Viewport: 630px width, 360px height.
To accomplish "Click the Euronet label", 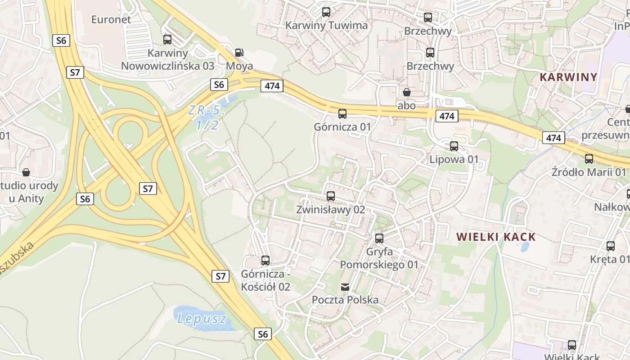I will pyautogui.click(x=111, y=19).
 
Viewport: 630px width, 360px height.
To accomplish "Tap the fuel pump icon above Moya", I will pyautogui.click(x=239, y=53).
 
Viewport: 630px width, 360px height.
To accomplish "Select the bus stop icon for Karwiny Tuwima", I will pyautogui.click(x=326, y=12).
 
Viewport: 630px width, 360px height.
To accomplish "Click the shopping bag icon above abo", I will pyautogui.click(x=407, y=92).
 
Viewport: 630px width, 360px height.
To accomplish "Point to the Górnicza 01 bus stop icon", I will pyautogui.click(x=342, y=114).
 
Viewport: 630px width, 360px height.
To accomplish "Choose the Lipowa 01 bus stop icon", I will pyautogui.click(x=454, y=146).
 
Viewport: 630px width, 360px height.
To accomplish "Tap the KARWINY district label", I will pyautogui.click(x=568, y=77).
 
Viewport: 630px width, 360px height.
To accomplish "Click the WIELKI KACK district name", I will pyautogui.click(x=496, y=237).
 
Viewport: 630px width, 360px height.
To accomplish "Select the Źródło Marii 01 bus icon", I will pyautogui.click(x=589, y=159).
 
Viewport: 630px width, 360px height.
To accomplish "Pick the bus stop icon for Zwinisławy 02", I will pyautogui.click(x=331, y=196).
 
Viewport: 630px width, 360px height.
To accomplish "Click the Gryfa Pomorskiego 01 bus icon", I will pyautogui.click(x=379, y=238).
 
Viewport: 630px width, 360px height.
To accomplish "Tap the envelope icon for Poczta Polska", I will pyautogui.click(x=345, y=287).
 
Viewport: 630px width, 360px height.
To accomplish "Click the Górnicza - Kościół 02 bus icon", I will pyautogui.click(x=265, y=261).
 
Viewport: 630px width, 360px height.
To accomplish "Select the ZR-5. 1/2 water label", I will pyautogui.click(x=207, y=117).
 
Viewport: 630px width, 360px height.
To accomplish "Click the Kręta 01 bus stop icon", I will pyautogui.click(x=611, y=246).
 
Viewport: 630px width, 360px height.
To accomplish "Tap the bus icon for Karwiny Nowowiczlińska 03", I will pyautogui.click(x=167, y=40).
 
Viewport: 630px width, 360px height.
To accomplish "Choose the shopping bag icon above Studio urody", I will pyautogui.click(x=26, y=172).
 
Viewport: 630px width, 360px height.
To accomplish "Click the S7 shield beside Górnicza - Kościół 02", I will pyautogui.click(x=220, y=276).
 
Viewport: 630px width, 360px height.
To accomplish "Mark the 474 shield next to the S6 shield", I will pyautogui.click(x=272, y=86).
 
